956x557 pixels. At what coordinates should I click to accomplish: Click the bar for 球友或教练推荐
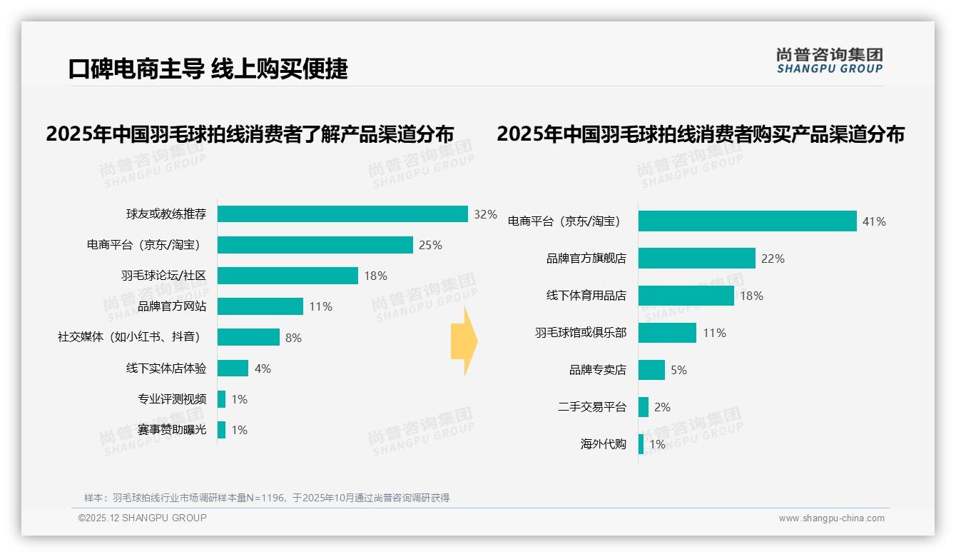(x=342, y=214)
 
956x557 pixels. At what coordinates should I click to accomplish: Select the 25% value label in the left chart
(x=430, y=245)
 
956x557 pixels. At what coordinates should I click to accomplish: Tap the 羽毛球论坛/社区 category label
(x=163, y=276)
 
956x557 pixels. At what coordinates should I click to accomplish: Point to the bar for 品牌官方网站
(x=260, y=306)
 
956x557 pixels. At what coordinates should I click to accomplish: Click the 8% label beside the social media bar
(x=293, y=338)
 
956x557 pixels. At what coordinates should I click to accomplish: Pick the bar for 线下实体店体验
(x=233, y=368)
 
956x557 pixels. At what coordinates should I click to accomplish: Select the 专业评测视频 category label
(x=172, y=399)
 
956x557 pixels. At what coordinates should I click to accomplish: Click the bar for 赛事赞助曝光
(x=222, y=430)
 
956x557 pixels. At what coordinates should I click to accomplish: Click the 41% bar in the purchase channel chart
(x=747, y=221)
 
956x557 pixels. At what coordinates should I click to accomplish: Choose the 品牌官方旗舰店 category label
(x=586, y=259)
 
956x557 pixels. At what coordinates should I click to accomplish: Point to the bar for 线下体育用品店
(x=686, y=296)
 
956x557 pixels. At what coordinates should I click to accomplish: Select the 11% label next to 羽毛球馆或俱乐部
(x=714, y=333)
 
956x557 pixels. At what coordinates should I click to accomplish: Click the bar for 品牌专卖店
(x=651, y=370)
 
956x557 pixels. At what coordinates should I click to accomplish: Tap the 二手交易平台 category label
(x=591, y=407)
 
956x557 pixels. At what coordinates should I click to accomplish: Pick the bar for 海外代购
(x=641, y=444)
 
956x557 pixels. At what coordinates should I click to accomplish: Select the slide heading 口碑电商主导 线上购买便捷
(x=208, y=69)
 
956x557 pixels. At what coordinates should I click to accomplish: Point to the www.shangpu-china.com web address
(x=831, y=518)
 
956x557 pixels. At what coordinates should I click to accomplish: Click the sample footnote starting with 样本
(x=267, y=498)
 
